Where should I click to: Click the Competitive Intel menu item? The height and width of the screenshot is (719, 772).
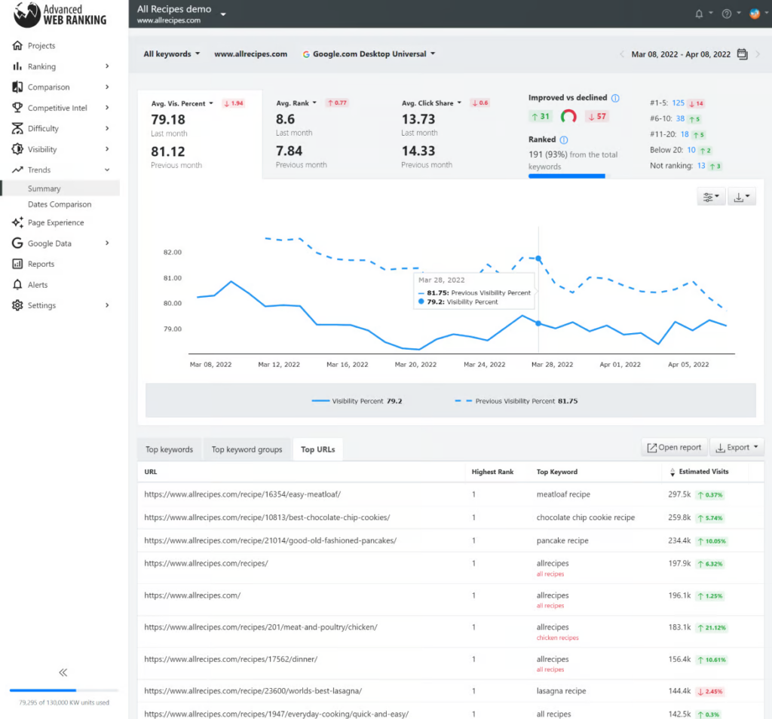click(57, 108)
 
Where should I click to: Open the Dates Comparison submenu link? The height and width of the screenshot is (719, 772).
click(60, 204)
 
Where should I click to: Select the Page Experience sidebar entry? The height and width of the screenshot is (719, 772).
click(56, 223)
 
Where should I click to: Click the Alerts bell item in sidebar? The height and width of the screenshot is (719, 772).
click(38, 285)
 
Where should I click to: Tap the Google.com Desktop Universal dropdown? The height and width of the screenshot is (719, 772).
click(369, 54)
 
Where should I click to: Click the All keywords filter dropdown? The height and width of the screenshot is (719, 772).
click(172, 54)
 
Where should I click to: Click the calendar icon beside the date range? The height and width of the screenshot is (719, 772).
click(742, 54)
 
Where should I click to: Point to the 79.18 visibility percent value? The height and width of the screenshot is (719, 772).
click(168, 119)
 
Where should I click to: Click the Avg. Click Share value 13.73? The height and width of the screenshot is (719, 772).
click(418, 119)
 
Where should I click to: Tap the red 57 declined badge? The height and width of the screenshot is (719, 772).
click(597, 116)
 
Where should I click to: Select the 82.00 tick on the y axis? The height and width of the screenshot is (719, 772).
click(172, 252)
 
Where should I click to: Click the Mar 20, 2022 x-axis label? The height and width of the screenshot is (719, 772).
click(415, 364)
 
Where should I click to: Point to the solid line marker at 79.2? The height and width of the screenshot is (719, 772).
click(538, 323)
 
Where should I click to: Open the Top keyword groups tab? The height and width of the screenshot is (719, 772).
click(247, 450)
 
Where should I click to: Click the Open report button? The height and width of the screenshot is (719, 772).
click(674, 447)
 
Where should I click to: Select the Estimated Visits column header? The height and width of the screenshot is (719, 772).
click(703, 472)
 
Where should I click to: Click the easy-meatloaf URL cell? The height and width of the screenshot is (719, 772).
click(243, 494)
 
